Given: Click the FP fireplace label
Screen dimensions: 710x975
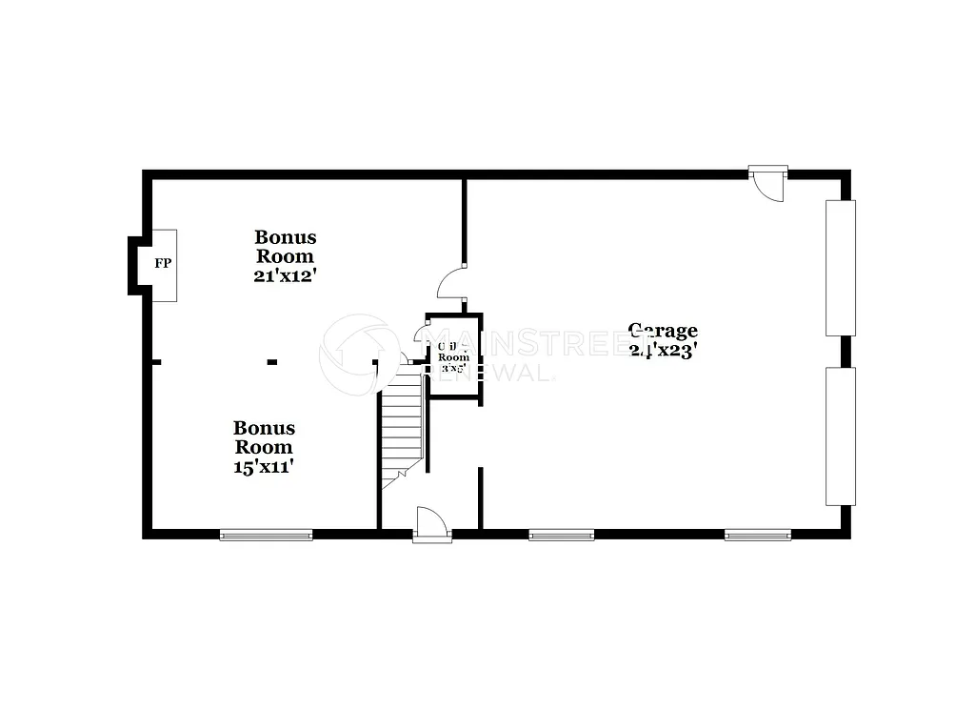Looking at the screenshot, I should point(163,263).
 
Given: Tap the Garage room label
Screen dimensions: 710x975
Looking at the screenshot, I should point(663,331).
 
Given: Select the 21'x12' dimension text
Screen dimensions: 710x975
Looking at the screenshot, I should point(284,275).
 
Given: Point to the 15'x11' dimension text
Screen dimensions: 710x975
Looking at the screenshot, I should point(264,467).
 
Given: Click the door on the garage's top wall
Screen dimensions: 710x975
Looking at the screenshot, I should point(766,182).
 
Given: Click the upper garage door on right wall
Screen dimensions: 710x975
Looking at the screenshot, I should point(841,268).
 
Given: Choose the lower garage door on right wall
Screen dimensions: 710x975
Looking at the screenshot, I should point(841,436).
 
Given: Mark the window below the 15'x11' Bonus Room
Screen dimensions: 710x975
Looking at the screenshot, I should point(266,535).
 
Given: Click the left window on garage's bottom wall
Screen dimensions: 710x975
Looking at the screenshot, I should point(562,535).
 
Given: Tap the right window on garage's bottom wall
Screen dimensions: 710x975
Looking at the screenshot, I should point(758,535).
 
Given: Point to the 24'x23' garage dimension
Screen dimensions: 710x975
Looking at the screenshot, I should point(664,350).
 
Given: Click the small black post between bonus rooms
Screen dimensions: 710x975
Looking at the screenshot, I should point(272,362).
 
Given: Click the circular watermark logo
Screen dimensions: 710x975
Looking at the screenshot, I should point(358,352).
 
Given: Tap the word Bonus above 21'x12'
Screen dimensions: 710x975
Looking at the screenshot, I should point(285,236).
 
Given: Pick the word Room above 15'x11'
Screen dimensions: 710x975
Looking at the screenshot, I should point(264,447).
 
